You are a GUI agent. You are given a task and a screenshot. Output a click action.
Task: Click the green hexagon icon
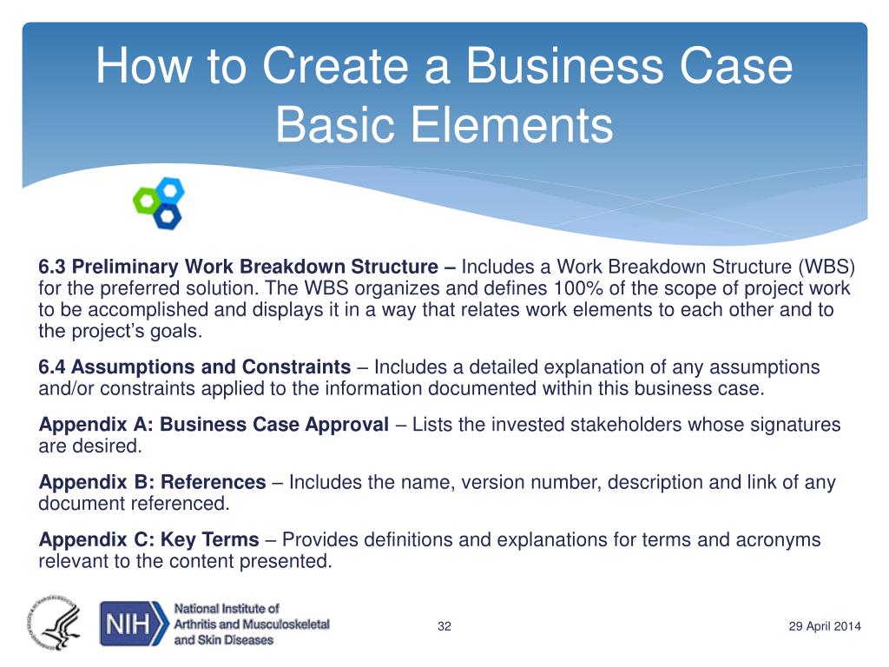(x=145, y=201)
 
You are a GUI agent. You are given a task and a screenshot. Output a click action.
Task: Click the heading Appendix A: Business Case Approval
(x=214, y=425)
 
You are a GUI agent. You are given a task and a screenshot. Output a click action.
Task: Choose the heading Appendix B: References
(x=153, y=482)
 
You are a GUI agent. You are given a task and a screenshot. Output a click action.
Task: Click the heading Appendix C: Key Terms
(x=149, y=540)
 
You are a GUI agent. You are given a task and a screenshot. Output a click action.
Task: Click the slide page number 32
(x=444, y=627)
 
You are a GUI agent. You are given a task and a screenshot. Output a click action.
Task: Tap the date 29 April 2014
(x=824, y=627)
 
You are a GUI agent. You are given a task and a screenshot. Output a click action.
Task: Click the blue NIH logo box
(x=135, y=624)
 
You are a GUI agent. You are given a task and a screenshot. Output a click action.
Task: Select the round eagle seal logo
(x=53, y=623)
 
